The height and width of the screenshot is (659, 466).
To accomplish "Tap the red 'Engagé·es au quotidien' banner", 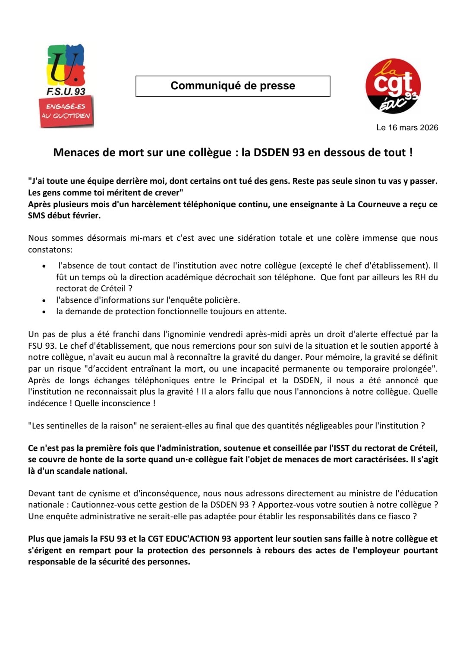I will click(x=66, y=111).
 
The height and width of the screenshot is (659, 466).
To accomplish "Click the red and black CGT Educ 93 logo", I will click(x=393, y=86).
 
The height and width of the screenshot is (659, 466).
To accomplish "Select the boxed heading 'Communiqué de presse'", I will click(x=233, y=86).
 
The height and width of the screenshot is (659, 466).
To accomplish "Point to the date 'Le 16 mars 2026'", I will click(x=407, y=128).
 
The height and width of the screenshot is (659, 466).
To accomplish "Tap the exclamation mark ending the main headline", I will click(x=411, y=152).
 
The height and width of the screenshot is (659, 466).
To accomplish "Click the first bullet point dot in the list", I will click(x=44, y=266).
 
